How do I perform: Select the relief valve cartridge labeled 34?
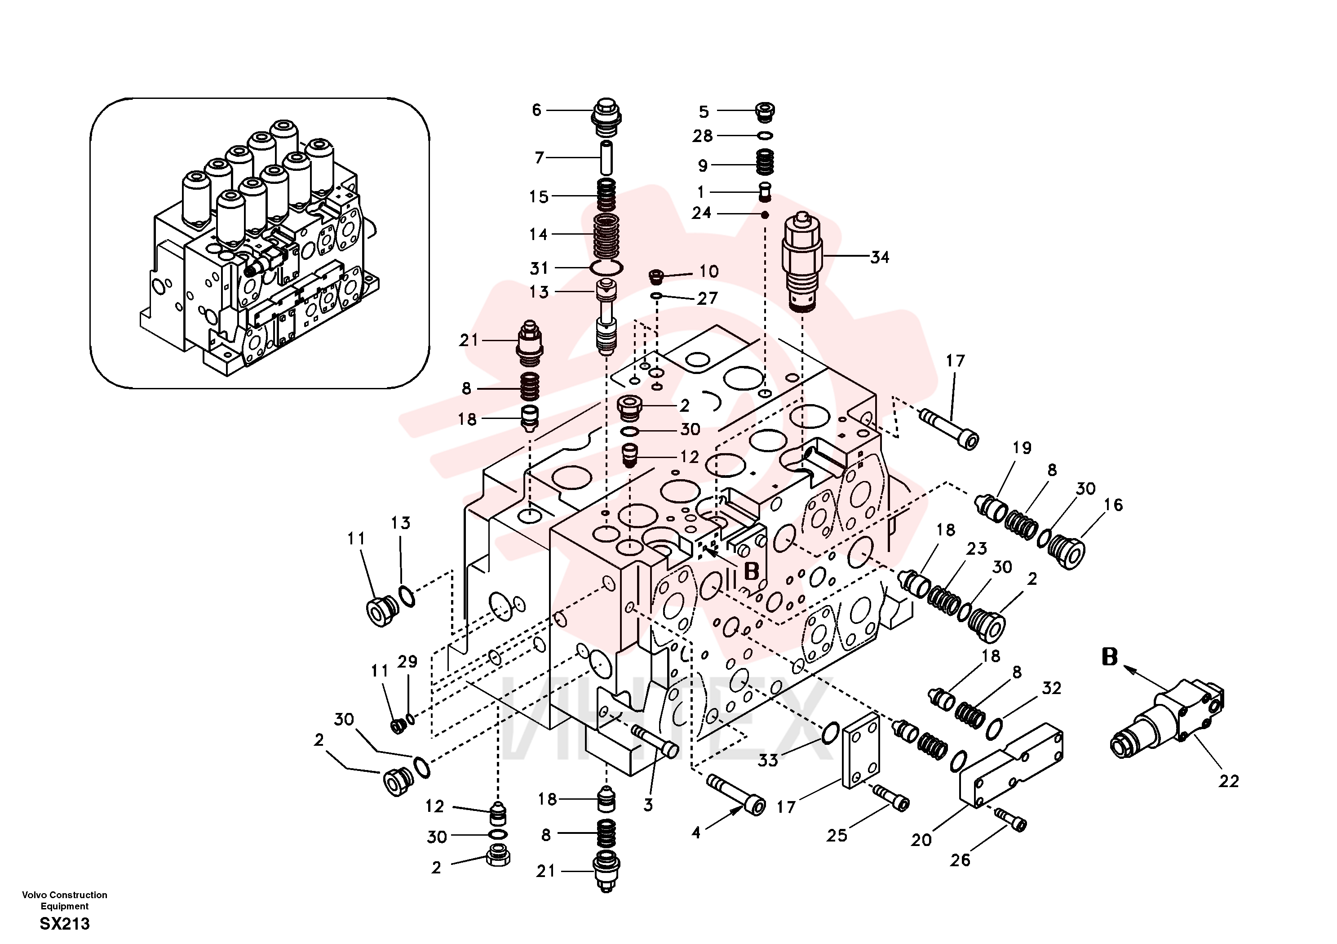point(802,262)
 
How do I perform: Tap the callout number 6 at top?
point(536,110)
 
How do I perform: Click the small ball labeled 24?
point(765,215)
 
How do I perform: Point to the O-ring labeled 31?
point(606,268)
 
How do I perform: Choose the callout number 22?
point(1229,781)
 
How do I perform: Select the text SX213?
point(65,924)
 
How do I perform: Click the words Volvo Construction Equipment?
point(65,900)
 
